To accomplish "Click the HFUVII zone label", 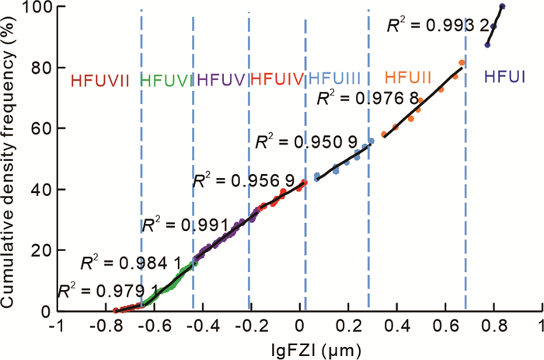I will [x=100, y=79].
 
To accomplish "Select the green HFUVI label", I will [x=166, y=79].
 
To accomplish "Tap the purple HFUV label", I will [x=221, y=79].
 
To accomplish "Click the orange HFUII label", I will [x=409, y=77].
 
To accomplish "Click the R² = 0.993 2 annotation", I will [x=437, y=26].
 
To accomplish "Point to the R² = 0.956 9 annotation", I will [x=242, y=181].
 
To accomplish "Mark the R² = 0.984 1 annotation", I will [x=124, y=261].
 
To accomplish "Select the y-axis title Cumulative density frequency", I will [x=10, y=156].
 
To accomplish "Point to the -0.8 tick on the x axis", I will [x=103, y=327].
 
